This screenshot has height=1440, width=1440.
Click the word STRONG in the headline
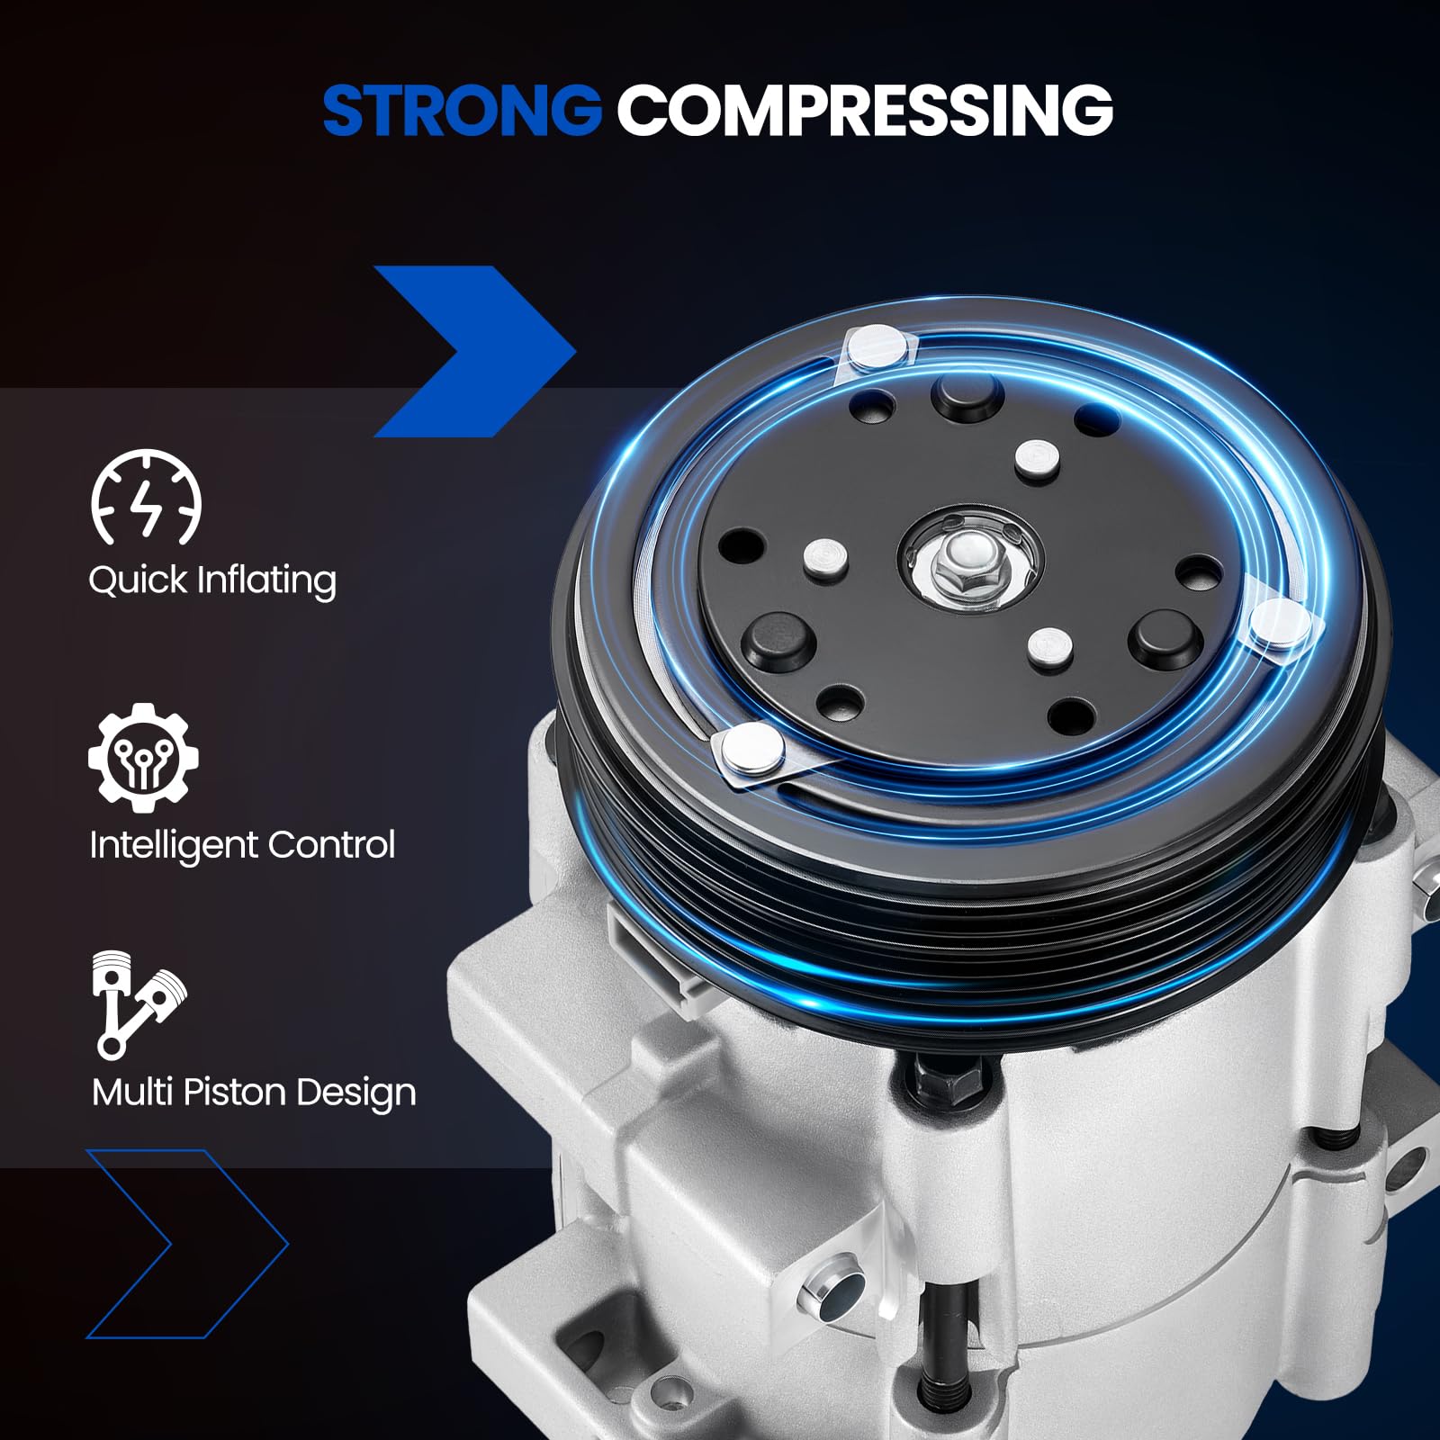462,110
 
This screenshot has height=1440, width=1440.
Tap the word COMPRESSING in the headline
865,110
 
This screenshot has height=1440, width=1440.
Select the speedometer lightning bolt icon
146,499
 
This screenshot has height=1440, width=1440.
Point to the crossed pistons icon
139,1003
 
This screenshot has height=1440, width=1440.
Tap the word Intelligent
173,845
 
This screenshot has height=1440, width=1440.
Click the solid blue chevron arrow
475,351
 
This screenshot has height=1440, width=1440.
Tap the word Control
331,845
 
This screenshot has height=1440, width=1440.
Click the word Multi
132,1092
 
